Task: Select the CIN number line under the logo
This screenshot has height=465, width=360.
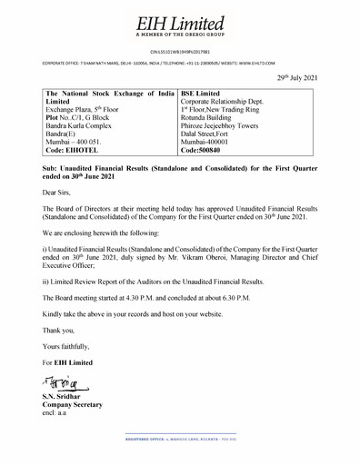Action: [180, 54]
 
